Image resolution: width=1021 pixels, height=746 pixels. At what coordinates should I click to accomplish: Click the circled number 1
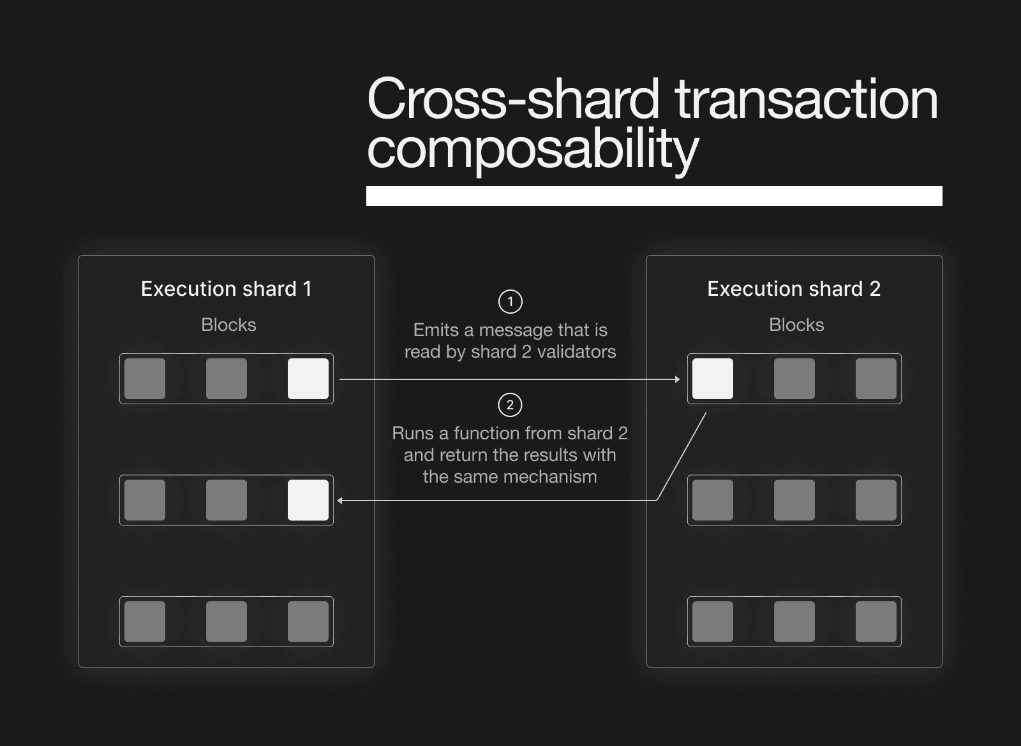point(510,302)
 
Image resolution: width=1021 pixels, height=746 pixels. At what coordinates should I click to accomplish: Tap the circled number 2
point(510,405)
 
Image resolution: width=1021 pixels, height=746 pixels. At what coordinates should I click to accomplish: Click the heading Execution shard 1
point(226,289)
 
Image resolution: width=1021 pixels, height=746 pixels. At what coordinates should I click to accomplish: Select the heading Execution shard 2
point(794,289)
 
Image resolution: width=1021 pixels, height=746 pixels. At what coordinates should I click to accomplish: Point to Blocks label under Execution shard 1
point(228,325)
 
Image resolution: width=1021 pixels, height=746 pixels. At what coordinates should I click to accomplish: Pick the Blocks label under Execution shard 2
point(796,325)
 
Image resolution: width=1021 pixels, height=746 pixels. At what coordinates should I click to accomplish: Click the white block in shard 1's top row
point(308,379)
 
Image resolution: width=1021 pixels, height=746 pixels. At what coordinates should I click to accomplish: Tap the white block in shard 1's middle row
point(308,500)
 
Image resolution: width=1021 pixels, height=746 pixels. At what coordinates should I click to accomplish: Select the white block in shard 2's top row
point(713,379)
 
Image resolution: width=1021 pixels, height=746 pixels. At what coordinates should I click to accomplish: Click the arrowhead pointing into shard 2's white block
point(678,379)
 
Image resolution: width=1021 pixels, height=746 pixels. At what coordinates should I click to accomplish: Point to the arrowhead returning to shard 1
point(339,501)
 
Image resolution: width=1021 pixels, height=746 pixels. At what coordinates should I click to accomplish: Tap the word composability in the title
point(532,149)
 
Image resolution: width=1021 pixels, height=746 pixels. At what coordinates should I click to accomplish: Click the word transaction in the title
point(807,99)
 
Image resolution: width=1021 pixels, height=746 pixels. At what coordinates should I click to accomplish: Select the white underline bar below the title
point(654,196)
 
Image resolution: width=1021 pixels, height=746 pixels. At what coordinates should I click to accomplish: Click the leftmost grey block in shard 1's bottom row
point(145,622)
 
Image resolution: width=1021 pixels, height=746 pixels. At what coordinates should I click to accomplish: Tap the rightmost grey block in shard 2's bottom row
point(876,622)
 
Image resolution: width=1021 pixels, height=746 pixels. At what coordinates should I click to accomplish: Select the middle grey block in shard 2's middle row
point(794,500)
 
